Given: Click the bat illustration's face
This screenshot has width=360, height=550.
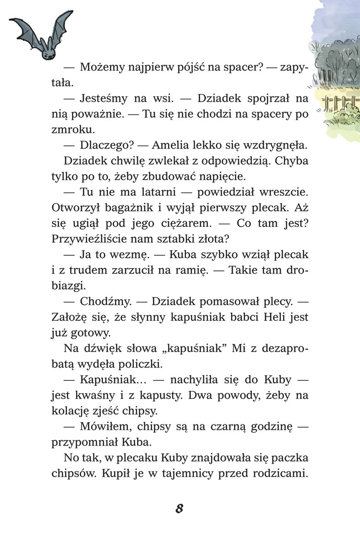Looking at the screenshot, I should coord(48,51).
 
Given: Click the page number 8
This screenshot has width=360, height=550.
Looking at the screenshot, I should coord(179,508).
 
